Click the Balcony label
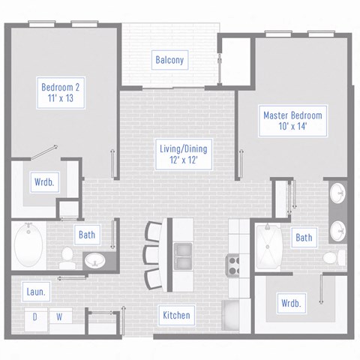coord(170,60)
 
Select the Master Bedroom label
coord(292,115)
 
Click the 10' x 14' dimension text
coord(292,127)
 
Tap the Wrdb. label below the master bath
coord(291,304)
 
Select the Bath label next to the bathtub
coord(87,235)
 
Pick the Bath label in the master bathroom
coord(304,238)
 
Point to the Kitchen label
coord(176,315)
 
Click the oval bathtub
coord(31,246)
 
